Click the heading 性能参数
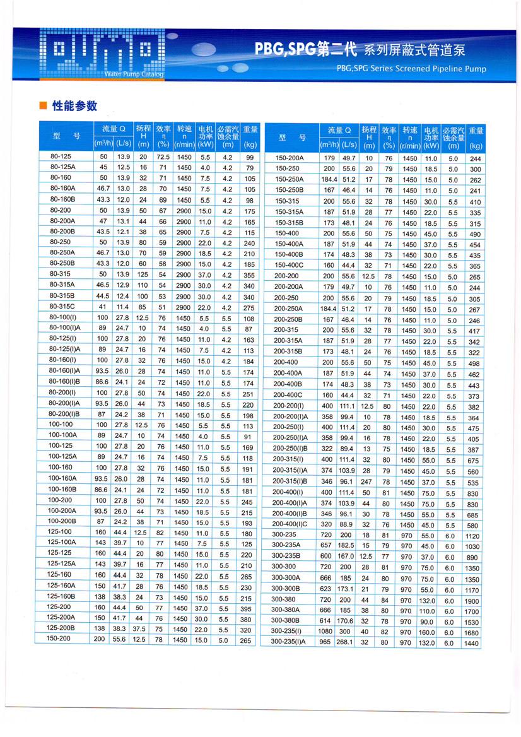click(x=74, y=105)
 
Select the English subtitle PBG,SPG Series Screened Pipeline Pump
click(x=411, y=69)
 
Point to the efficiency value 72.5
click(x=163, y=156)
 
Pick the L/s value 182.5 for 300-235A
click(x=348, y=546)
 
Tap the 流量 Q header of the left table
click(x=114, y=129)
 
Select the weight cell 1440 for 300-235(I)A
click(x=472, y=643)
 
